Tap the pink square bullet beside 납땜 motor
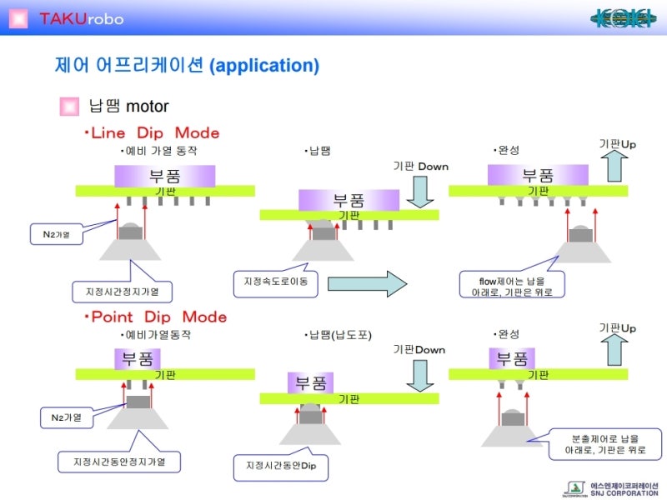[69, 106]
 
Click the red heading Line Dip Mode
[155, 133]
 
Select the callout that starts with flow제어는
[512, 284]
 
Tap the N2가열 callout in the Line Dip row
[57, 234]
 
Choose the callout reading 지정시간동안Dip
[281, 465]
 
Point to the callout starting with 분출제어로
[604, 443]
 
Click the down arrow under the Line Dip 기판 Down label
[422, 191]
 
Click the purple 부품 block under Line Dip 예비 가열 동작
[165, 176]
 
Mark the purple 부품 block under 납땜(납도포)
[311, 383]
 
